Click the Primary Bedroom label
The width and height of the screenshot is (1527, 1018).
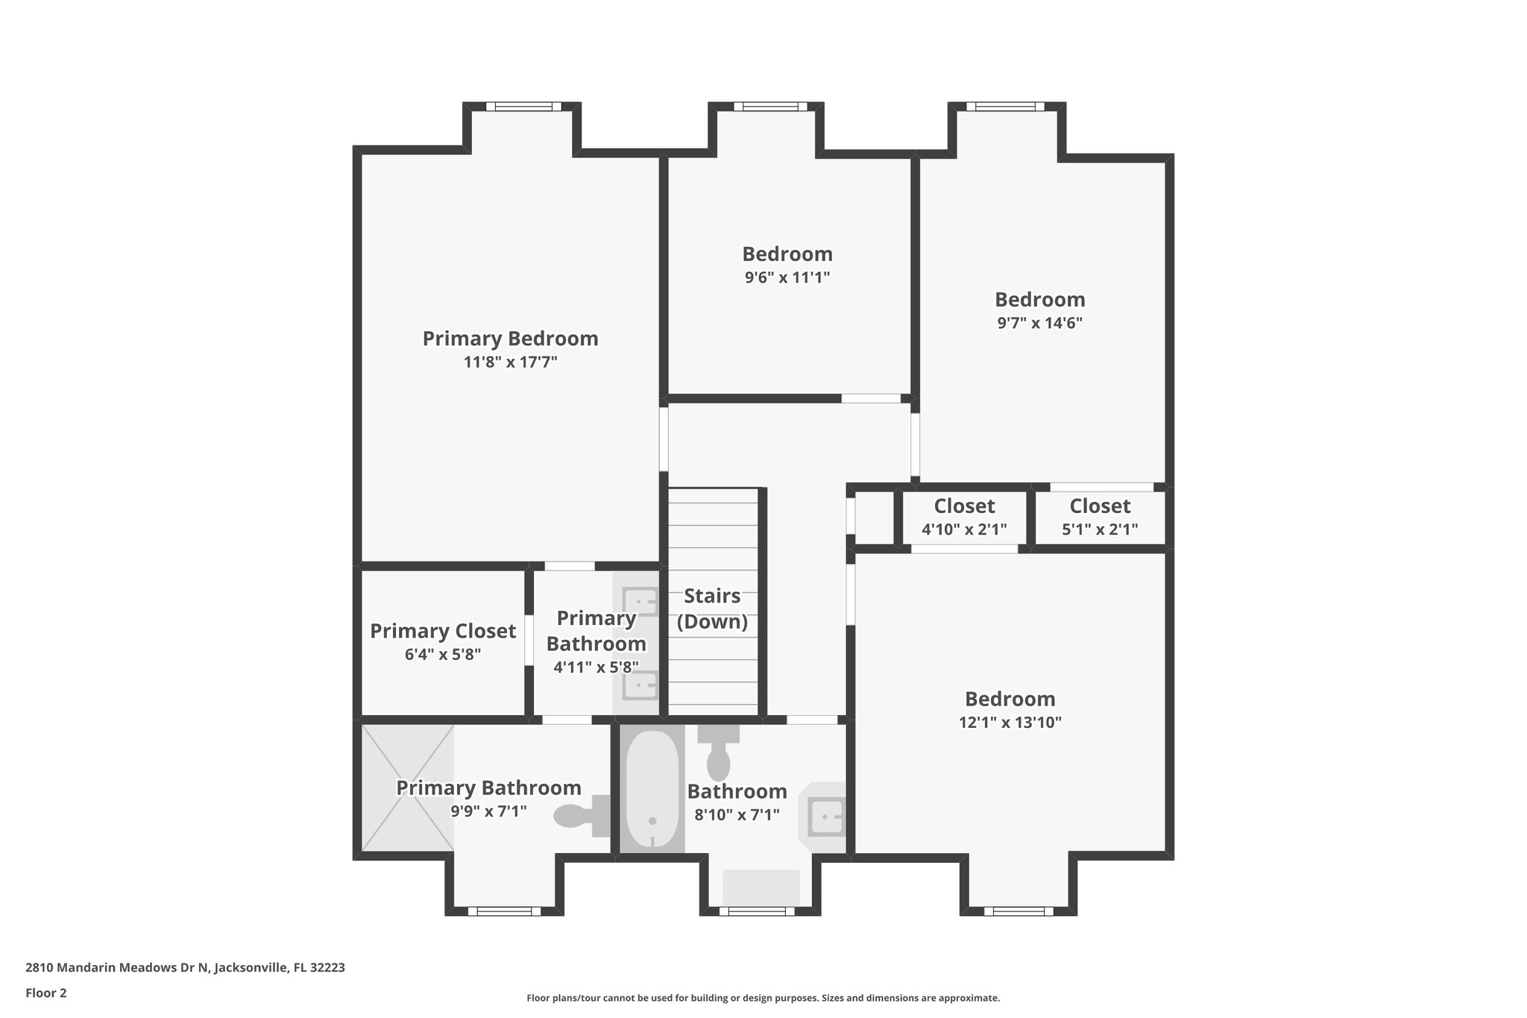[x=510, y=339]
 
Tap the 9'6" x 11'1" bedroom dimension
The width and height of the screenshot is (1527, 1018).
[x=787, y=277]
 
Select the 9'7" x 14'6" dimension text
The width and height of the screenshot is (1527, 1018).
[x=1039, y=323]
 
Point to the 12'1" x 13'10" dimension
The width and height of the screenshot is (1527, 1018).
[x=1010, y=722]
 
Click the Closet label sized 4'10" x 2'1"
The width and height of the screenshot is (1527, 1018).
[x=964, y=506]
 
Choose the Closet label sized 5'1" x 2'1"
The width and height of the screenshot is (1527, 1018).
[x=1100, y=506]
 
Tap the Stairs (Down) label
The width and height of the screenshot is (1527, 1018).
[x=712, y=609]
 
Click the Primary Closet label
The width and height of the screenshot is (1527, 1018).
[x=443, y=631]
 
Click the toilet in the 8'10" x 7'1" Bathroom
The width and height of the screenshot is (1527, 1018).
[x=718, y=753]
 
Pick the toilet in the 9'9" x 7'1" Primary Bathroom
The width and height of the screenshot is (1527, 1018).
[x=582, y=815]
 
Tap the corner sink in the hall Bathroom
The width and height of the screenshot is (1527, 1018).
[x=825, y=817]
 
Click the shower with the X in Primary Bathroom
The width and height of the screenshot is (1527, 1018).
[x=408, y=788]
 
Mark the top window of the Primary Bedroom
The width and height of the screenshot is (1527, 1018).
[x=523, y=107]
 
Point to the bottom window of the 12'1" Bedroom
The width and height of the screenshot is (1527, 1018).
[x=1018, y=911]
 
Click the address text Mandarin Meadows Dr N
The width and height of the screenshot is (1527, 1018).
[x=185, y=968]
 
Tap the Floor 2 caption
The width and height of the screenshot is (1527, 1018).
[x=46, y=993]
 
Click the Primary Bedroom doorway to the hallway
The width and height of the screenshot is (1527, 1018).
[x=664, y=439]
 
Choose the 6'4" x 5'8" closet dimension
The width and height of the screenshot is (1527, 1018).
[x=443, y=655]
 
